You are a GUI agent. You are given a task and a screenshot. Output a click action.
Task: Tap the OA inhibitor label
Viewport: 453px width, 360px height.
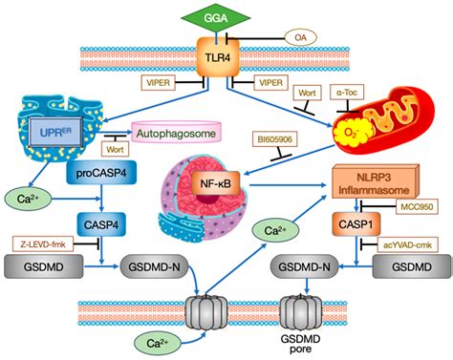click(298, 39)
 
